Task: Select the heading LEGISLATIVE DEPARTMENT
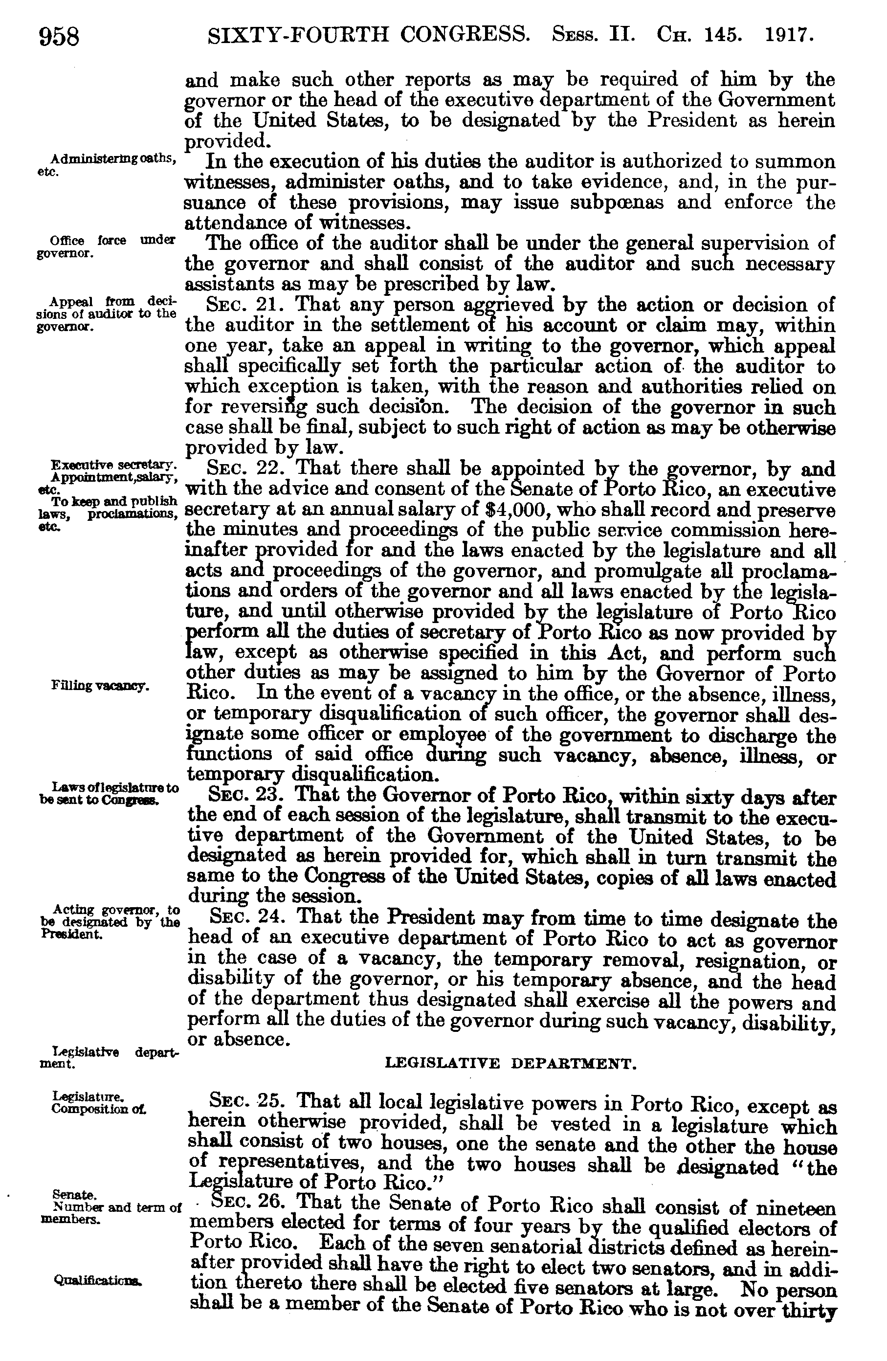[510, 1064]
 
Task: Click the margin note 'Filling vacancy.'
[101, 686]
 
